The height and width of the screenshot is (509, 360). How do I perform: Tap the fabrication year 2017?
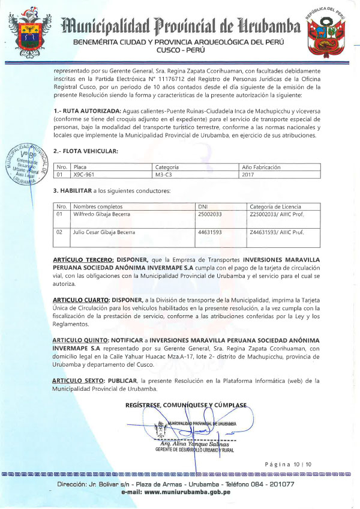click(247, 175)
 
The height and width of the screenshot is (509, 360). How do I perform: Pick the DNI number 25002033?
click(210, 214)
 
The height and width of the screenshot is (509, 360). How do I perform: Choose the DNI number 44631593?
click(210, 231)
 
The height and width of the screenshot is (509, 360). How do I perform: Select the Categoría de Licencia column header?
click(275, 206)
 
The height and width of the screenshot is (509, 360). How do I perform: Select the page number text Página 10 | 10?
click(292, 464)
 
